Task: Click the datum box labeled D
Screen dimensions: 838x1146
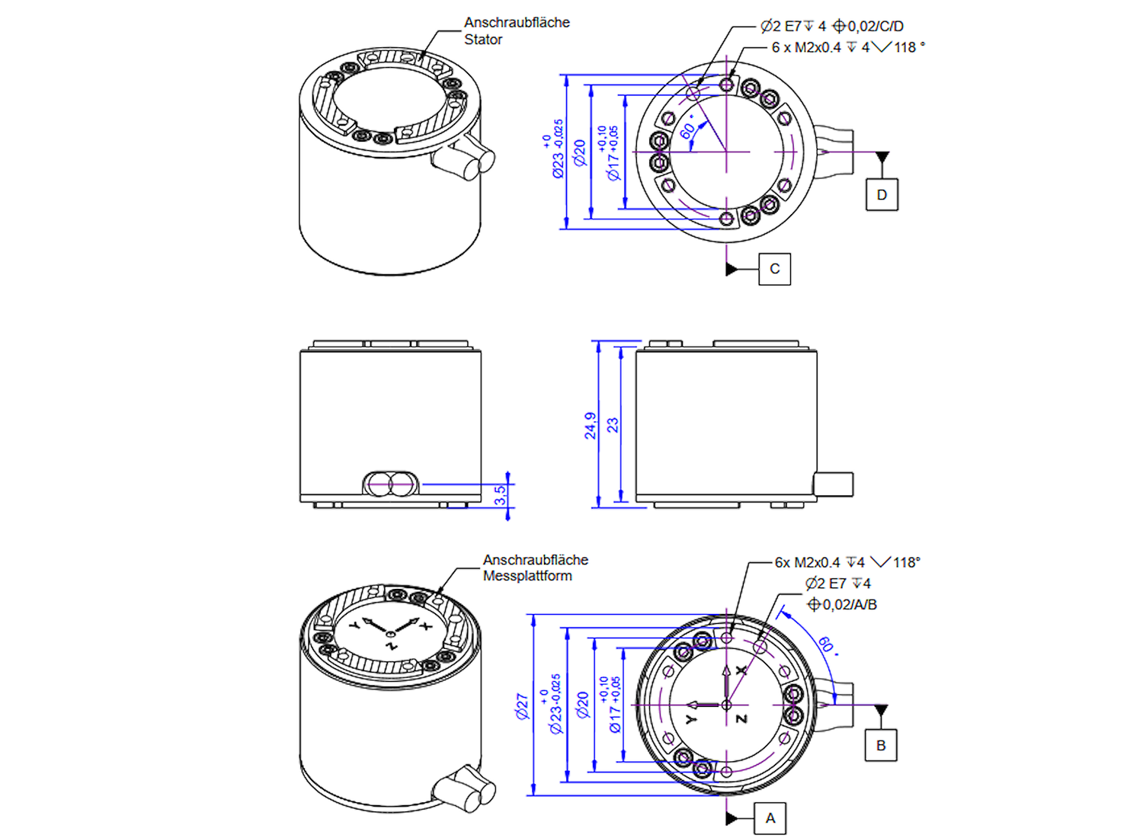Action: pyautogui.click(x=882, y=194)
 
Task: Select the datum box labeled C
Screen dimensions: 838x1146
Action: pyautogui.click(x=774, y=269)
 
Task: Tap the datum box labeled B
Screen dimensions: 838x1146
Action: pyautogui.click(x=881, y=745)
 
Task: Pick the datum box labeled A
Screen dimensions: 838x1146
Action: pyautogui.click(x=770, y=818)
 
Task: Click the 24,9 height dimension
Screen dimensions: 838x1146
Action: pyautogui.click(x=591, y=426)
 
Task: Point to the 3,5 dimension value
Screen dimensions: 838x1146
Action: pyautogui.click(x=499, y=495)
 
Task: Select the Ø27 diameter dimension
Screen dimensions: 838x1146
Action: pyautogui.click(x=522, y=706)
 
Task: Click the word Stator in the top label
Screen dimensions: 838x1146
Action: pyautogui.click(x=483, y=40)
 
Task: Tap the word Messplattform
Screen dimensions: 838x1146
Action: pyautogui.click(x=527, y=576)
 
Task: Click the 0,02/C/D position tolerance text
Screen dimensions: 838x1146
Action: pyautogui.click(x=875, y=26)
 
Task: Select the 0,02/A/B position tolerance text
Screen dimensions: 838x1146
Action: pyautogui.click(x=849, y=604)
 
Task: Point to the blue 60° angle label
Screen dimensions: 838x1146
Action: pyautogui.click(x=827, y=645)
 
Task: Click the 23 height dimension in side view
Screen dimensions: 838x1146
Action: pyautogui.click(x=613, y=425)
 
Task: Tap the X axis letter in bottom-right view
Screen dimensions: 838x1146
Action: pyautogui.click(x=741, y=670)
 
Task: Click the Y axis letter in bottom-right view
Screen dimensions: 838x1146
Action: pyautogui.click(x=691, y=719)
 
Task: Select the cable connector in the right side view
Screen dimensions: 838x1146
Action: pyautogui.click(x=833, y=484)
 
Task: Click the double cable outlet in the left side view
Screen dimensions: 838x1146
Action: pyautogui.click(x=390, y=484)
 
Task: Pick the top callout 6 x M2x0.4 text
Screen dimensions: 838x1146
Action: pyautogui.click(x=806, y=47)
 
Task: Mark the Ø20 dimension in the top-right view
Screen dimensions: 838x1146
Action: pyautogui.click(x=581, y=152)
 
